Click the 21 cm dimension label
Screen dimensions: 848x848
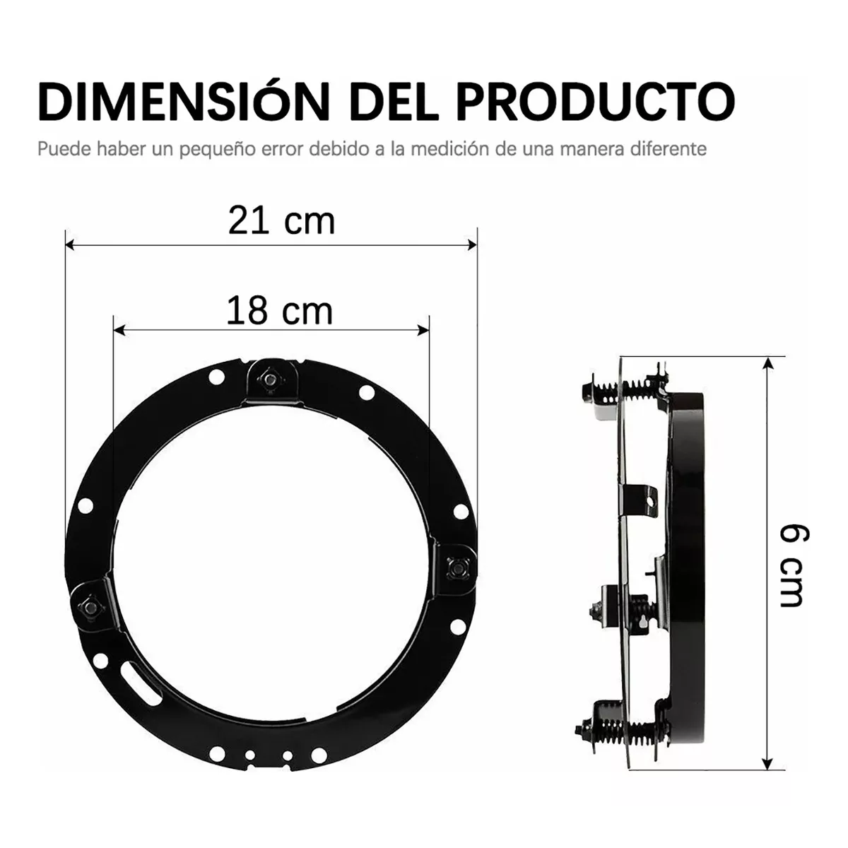coord(281,221)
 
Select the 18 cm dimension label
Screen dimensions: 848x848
coord(279,312)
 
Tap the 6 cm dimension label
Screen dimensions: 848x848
coord(792,565)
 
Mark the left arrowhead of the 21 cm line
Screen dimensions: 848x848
coord(69,245)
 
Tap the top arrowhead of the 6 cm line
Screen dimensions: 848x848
coord(767,363)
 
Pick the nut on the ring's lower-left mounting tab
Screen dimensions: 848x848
coord(88,606)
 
